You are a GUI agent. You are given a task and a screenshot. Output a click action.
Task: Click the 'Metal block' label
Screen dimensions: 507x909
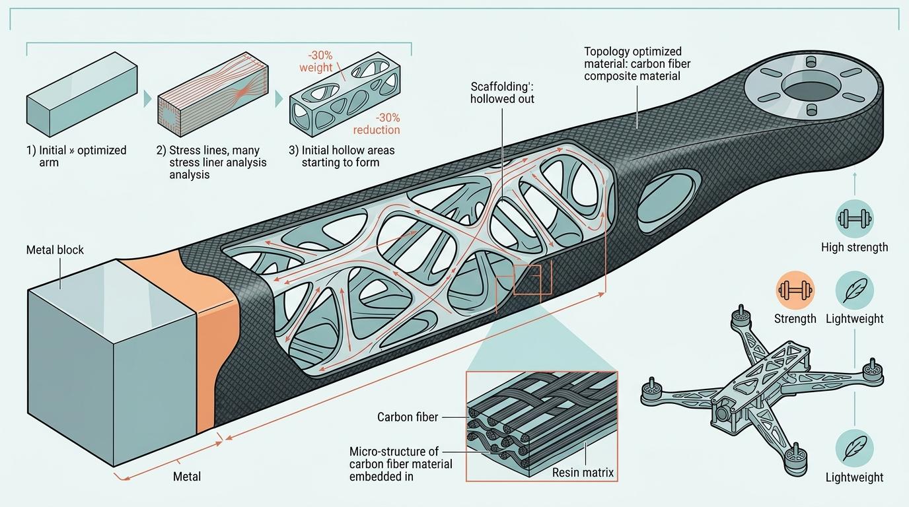tap(55, 250)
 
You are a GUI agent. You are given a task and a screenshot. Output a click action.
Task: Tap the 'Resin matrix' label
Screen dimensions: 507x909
tap(583, 472)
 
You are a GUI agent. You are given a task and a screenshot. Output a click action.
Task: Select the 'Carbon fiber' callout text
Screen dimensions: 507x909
tap(408, 417)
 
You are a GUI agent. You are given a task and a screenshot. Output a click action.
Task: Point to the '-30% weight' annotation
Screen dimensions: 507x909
tap(316, 61)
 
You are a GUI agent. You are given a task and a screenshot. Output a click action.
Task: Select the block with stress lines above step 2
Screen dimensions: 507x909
tap(213, 100)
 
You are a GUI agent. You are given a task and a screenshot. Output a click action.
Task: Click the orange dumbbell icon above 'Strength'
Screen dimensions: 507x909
tap(795, 290)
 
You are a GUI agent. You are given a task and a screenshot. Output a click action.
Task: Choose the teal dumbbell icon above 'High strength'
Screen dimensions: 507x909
tap(854, 219)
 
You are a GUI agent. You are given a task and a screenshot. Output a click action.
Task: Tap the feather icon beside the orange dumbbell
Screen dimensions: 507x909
tap(854, 290)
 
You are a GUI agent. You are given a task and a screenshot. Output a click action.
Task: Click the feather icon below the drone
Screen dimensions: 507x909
tap(854, 447)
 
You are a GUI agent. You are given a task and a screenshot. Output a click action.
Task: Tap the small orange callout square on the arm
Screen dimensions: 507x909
tap(527, 279)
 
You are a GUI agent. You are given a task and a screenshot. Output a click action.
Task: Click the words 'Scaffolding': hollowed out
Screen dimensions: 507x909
tap(502, 92)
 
